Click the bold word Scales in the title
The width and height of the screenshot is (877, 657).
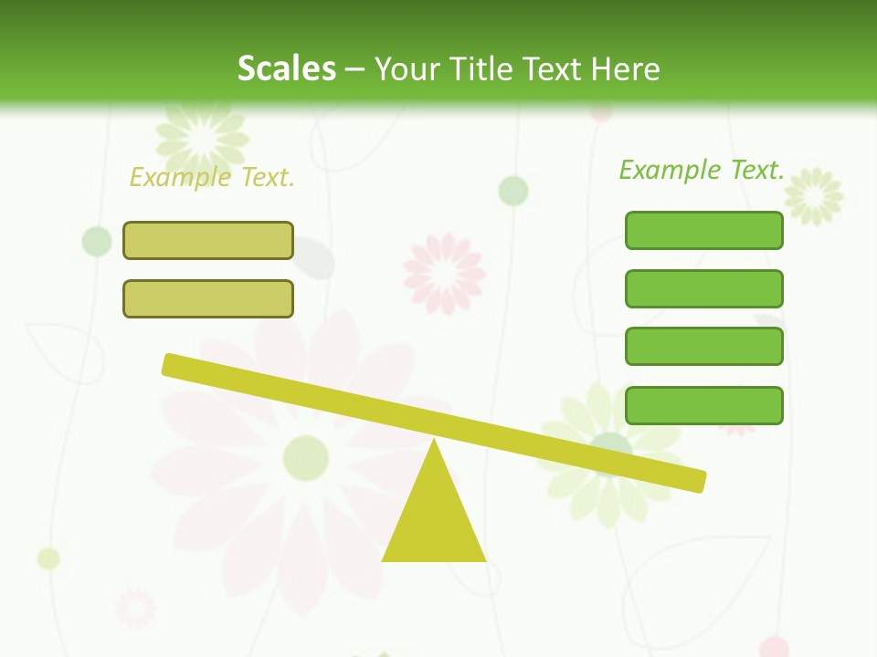(286, 68)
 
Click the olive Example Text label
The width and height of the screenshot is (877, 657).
(212, 177)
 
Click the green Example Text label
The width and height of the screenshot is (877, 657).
(702, 169)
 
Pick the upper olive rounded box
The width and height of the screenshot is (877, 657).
(208, 240)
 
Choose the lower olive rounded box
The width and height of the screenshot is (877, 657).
(208, 298)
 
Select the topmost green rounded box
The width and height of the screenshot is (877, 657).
(703, 230)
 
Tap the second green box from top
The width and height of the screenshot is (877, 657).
(703, 288)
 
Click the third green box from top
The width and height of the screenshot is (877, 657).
(703, 347)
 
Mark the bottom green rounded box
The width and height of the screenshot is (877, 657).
(703, 405)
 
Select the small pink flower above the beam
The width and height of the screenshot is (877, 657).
(445, 272)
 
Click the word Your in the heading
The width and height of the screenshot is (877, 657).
(407, 68)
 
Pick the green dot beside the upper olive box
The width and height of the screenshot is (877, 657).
(97, 241)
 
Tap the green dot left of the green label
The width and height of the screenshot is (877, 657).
(513, 191)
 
